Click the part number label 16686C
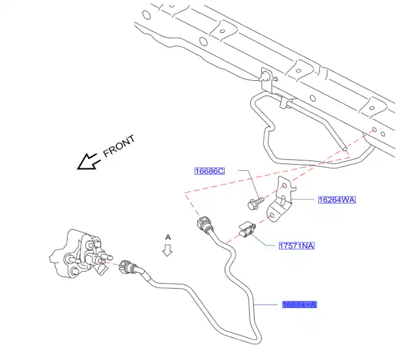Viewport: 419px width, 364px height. pyautogui.click(x=209, y=171)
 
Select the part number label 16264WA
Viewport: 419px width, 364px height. pyautogui.click(x=336, y=199)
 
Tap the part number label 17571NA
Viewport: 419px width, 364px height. pyautogui.click(x=297, y=246)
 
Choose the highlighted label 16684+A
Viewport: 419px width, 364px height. pyautogui.click(x=300, y=304)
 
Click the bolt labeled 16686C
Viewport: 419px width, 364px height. pyautogui.click(x=256, y=201)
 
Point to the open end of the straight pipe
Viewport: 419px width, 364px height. pyautogui.click(x=345, y=147)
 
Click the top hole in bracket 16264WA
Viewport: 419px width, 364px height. pyautogui.click(x=284, y=188)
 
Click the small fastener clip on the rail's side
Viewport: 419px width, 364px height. pyautogui.click(x=267, y=77)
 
